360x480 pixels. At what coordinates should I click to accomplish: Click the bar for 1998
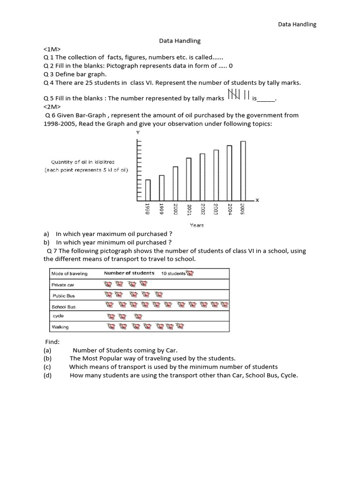pyautogui.click(x=148, y=189)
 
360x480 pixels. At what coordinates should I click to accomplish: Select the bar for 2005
pyautogui.click(x=243, y=170)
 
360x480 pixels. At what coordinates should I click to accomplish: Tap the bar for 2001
pyautogui.click(x=188, y=179)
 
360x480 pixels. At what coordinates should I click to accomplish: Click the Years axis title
pyautogui.click(x=196, y=225)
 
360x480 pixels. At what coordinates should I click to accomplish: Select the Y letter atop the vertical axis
pyautogui.click(x=138, y=133)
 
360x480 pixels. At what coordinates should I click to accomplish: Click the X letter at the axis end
pyautogui.click(x=257, y=200)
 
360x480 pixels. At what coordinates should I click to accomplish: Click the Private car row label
pyautogui.click(x=63, y=285)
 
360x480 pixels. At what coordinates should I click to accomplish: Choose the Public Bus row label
pyautogui.click(x=64, y=296)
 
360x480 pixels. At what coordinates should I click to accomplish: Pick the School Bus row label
pyautogui.click(x=64, y=307)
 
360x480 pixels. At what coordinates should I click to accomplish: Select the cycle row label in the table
pyautogui.click(x=58, y=316)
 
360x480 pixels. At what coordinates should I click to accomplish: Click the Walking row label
pyautogui.click(x=60, y=327)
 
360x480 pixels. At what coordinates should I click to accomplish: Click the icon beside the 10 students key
pyautogui.click(x=189, y=273)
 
